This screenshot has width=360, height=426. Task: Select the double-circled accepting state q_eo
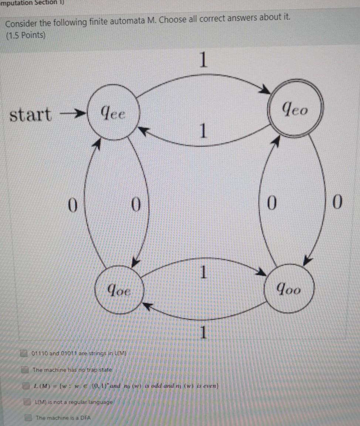pos(296,109)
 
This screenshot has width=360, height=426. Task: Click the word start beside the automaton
pos(31,115)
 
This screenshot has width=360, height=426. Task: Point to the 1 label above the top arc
pos(202,60)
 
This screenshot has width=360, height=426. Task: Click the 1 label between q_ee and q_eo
pos(202,130)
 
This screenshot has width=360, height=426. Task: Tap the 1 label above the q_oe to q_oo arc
pos(202,272)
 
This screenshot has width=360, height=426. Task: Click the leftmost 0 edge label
pos(73,204)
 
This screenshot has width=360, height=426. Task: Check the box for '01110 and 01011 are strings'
pos(24,353)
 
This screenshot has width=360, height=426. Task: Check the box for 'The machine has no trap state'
pos(25,369)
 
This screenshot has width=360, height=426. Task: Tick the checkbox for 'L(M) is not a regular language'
pos(27,402)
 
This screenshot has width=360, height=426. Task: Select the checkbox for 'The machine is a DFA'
pos(28,418)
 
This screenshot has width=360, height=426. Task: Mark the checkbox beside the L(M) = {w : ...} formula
pos(26,386)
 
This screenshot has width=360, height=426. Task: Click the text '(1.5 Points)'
pos(25,36)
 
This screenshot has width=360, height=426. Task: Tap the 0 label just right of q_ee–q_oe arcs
pos(136,204)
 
